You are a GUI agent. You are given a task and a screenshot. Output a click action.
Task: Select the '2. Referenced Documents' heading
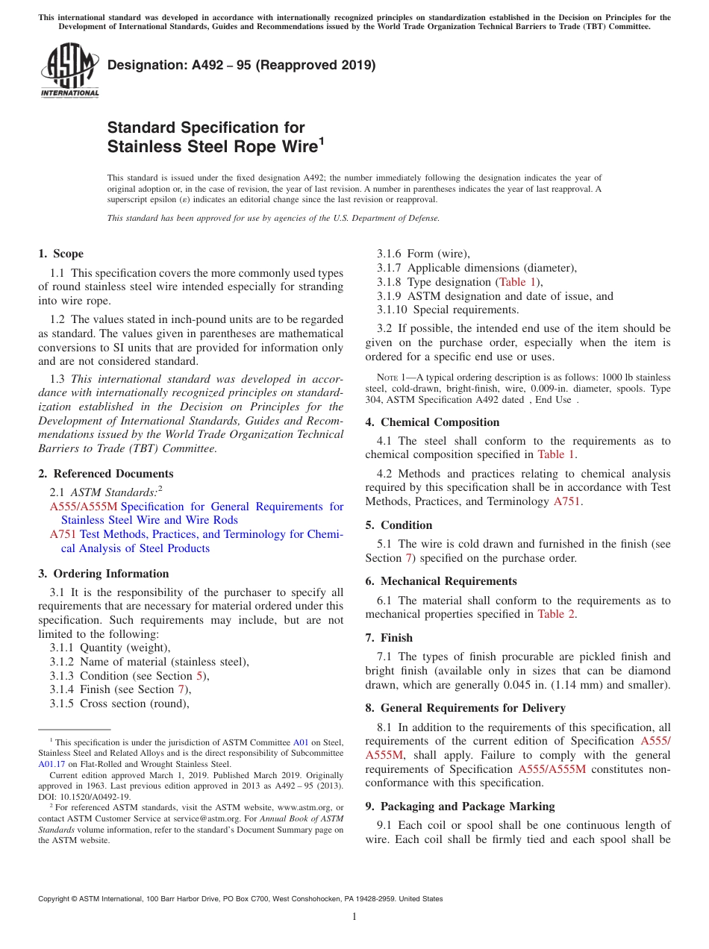point(105,474)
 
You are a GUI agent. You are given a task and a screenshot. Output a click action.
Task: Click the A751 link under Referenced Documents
point(62,534)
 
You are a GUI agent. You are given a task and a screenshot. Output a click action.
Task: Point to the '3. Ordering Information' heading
point(103,574)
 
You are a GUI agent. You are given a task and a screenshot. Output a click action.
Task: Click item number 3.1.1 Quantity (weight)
point(110,648)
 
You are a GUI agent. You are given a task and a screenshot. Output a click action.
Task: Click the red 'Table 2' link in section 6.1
point(556,614)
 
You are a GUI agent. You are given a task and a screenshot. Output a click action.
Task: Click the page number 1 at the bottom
point(354,917)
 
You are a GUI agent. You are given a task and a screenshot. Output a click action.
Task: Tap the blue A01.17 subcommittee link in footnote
point(51,764)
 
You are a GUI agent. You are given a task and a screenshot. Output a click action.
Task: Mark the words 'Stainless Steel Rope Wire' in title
point(212,146)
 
